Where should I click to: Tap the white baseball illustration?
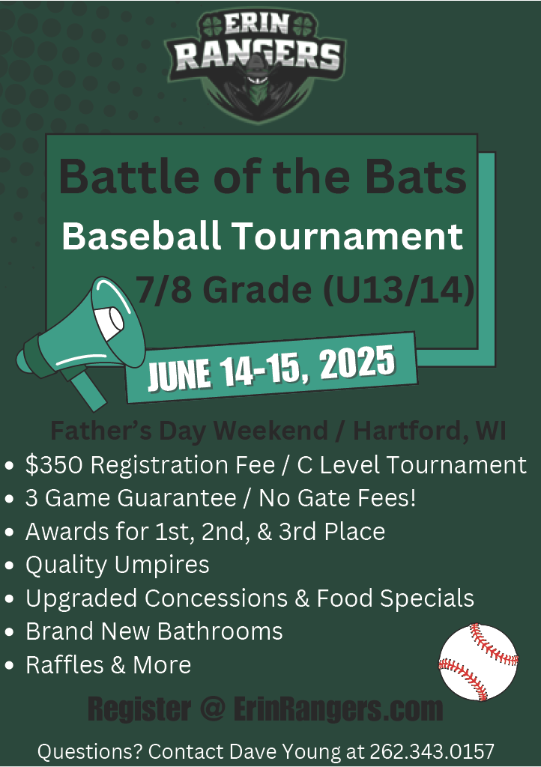pyautogui.click(x=478, y=662)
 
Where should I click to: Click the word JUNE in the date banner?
pyautogui.click(x=180, y=375)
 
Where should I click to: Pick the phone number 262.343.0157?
pyautogui.click(x=432, y=751)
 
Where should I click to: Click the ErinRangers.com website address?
pyautogui.click(x=338, y=709)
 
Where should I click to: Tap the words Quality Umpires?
pyautogui.click(x=118, y=565)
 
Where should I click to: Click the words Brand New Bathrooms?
pyautogui.click(x=154, y=631)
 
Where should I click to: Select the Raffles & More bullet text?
pyautogui.click(x=108, y=665)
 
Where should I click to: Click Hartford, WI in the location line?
pyautogui.click(x=429, y=431)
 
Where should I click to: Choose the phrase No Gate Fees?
pyautogui.click(x=337, y=498)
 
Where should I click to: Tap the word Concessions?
pyautogui.click(x=217, y=598)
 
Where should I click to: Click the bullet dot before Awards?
pyautogui.click(x=9, y=533)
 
